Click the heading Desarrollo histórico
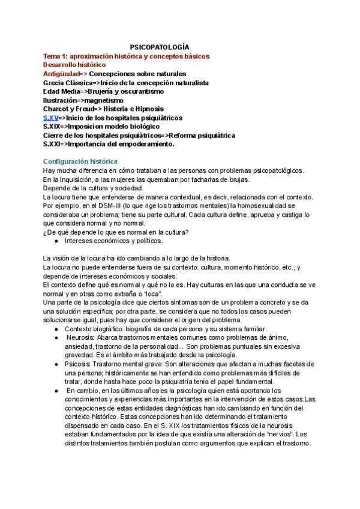(74, 64)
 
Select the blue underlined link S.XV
(50, 118)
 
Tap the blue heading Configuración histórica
(80, 162)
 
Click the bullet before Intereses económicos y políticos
(56, 241)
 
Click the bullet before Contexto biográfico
(56, 330)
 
